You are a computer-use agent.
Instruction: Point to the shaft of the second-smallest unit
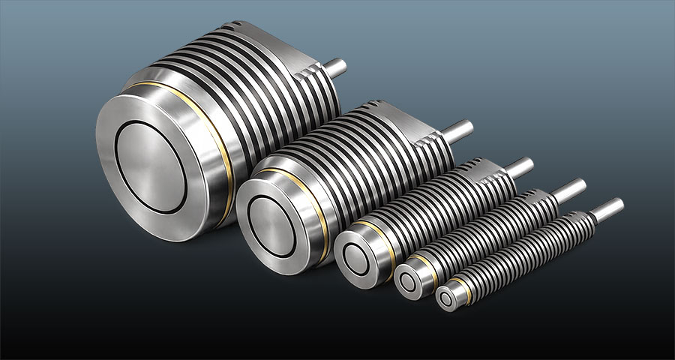(x=569, y=189)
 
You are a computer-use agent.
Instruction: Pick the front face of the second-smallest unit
(x=411, y=283)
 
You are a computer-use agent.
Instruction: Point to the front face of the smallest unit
(x=451, y=296)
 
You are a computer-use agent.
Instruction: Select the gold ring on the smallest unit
(x=469, y=289)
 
